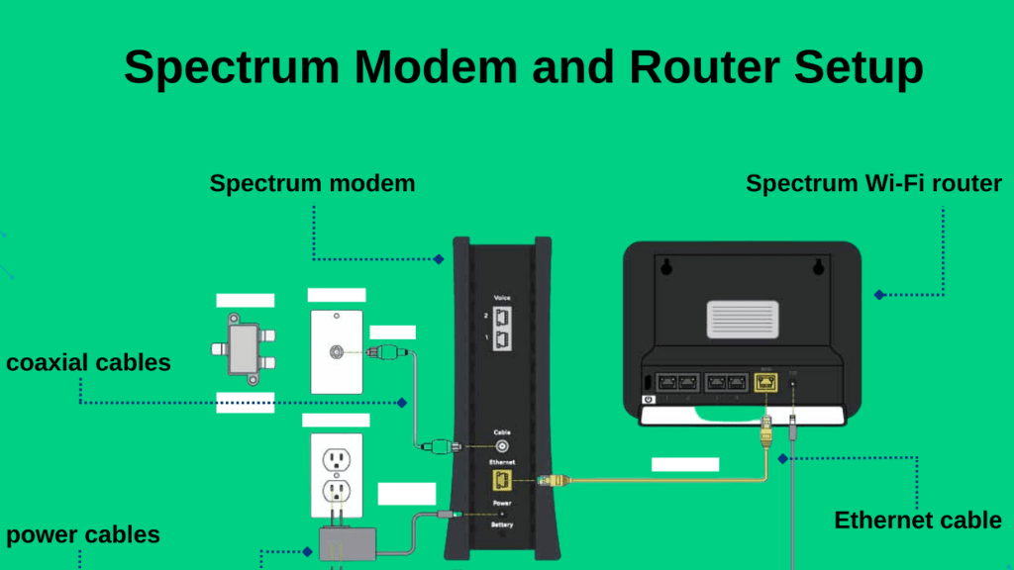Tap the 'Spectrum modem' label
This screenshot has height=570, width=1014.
point(312,183)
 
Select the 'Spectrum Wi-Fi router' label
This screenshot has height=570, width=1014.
point(873,183)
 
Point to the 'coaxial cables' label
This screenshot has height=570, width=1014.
point(88,363)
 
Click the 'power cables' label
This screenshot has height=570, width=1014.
point(83,535)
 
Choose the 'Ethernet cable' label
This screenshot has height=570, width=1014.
point(918,521)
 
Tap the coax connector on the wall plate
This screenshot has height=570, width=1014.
point(341,350)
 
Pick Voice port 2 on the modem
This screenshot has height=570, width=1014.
point(502,317)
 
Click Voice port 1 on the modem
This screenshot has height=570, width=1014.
point(502,339)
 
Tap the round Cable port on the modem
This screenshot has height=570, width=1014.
point(502,445)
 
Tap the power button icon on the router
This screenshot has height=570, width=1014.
point(649,400)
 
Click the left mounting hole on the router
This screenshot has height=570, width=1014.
point(666,265)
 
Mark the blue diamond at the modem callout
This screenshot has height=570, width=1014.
point(439,259)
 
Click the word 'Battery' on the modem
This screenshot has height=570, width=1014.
point(502,525)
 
